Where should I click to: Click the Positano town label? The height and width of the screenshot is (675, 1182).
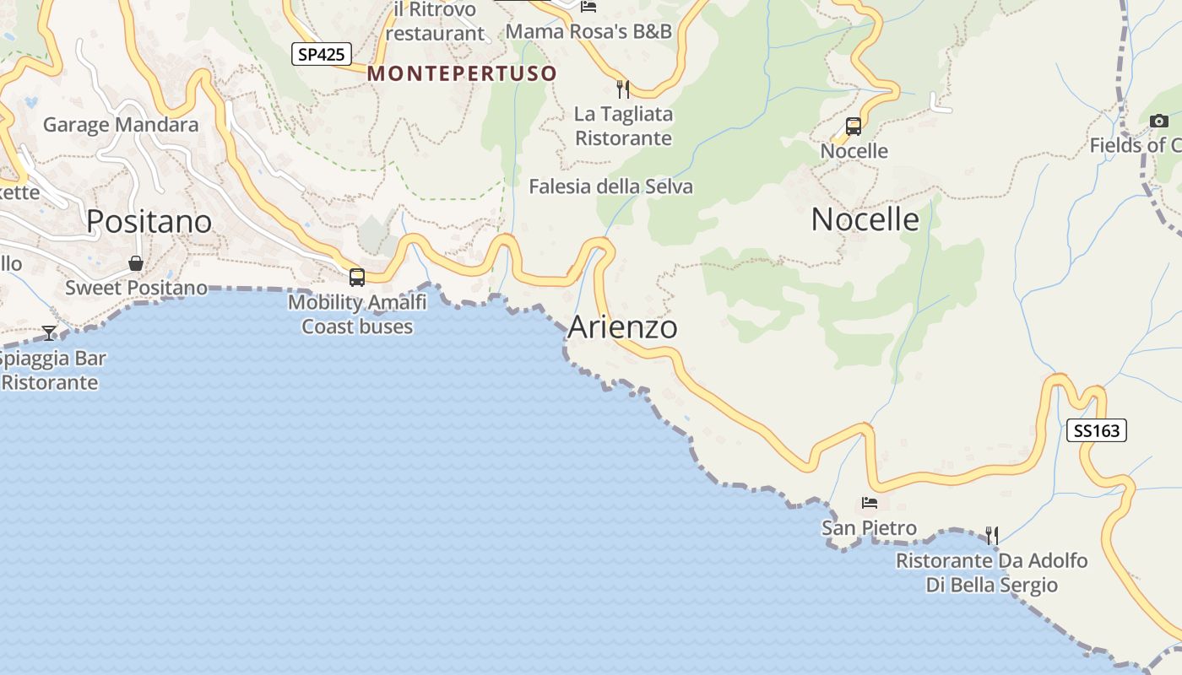(x=149, y=221)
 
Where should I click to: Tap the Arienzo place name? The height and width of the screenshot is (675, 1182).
(x=622, y=327)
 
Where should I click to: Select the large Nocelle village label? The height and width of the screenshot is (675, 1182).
(x=865, y=219)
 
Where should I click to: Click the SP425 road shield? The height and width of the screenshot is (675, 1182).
(x=322, y=54)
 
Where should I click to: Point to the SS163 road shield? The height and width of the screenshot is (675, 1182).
(x=1097, y=431)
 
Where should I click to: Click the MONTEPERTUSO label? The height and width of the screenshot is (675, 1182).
(x=462, y=73)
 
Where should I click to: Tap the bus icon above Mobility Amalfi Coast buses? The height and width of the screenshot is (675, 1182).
(x=357, y=277)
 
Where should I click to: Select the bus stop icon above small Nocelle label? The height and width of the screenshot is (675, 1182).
(x=854, y=127)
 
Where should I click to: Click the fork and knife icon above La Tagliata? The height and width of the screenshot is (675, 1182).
(x=623, y=89)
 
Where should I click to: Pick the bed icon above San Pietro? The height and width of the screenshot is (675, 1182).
(x=870, y=503)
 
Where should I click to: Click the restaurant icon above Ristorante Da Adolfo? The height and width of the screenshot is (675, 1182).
(x=992, y=535)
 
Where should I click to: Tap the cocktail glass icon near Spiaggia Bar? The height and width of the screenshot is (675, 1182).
(x=49, y=332)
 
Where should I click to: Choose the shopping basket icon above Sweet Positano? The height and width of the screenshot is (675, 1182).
(x=136, y=263)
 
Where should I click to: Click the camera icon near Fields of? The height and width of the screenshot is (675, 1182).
(x=1159, y=121)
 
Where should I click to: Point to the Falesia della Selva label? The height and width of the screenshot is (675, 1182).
(x=610, y=186)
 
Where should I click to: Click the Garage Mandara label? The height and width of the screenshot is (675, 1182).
(x=121, y=125)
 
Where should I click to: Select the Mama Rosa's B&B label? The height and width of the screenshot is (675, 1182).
(x=588, y=31)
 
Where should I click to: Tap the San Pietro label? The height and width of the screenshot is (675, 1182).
(x=869, y=528)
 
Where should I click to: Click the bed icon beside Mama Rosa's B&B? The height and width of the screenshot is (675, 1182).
(x=588, y=7)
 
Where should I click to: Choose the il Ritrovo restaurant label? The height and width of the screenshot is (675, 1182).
(x=435, y=22)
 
